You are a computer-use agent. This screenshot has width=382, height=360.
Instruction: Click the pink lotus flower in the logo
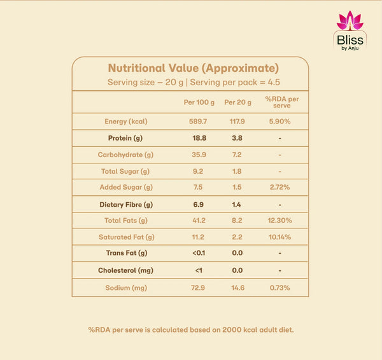point(350,20)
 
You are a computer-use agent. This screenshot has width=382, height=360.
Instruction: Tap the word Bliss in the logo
point(350,40)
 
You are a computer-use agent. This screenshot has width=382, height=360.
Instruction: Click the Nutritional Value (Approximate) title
point(194,69)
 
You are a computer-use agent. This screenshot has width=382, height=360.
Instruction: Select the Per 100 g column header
point(199,102)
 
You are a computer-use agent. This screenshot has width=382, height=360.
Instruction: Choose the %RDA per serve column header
point(282,102)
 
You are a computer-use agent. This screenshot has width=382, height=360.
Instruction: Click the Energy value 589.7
point(198,121)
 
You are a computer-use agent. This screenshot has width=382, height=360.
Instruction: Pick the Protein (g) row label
point(125,138)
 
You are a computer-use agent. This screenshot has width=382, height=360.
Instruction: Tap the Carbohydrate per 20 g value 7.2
point(237,155)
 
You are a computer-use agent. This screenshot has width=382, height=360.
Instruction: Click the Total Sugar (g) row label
point(125,172)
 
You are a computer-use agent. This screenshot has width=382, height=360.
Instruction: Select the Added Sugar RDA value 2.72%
point(279,187)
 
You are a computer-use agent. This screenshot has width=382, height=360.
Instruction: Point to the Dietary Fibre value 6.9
point(198,204)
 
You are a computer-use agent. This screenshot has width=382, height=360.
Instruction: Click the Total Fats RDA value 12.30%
point(279,221)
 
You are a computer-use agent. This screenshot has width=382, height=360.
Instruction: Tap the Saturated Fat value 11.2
point(198,237)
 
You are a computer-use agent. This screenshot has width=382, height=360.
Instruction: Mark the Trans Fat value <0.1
point(199,253)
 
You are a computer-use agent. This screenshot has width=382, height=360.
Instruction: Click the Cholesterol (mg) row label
point(125,271)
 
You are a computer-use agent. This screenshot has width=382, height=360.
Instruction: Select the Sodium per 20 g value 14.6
point(237,288)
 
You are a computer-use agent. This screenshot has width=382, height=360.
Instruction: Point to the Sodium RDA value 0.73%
point(279,288)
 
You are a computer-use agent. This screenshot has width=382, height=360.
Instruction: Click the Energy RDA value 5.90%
point(279,121)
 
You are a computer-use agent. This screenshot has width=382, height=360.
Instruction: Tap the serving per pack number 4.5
point(274,82)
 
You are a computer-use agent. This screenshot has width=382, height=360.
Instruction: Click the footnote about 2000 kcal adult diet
point(191,330)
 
